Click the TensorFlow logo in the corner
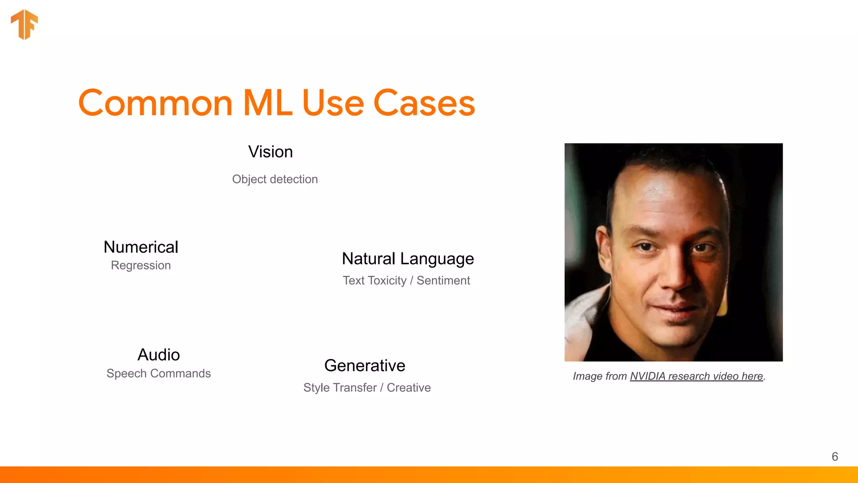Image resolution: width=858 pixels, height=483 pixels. (24, 24)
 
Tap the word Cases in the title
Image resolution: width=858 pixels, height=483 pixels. (424, 103)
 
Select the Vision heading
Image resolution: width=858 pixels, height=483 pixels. (270, 152)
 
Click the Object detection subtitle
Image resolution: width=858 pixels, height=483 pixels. (275, 179)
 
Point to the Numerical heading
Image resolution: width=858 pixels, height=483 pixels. (141, 247)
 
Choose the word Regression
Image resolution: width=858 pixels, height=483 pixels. (141, 265)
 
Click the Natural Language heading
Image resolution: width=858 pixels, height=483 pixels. (408, 259)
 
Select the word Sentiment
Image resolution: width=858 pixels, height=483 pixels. (443, 280)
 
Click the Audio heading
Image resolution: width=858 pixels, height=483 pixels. (159, 355)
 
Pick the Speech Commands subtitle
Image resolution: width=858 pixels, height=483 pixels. (158, 373)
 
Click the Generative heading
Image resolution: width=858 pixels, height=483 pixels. (364, 366)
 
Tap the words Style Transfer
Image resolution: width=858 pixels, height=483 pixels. (340, 388)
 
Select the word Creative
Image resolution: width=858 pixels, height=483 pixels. (408, 388)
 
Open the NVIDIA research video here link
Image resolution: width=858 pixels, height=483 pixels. (696, 376)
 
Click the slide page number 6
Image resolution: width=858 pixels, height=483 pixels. (835, 457)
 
